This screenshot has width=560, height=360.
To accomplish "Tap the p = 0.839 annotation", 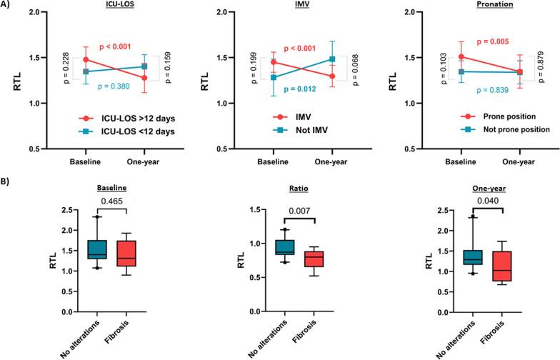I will coord(494,91).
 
